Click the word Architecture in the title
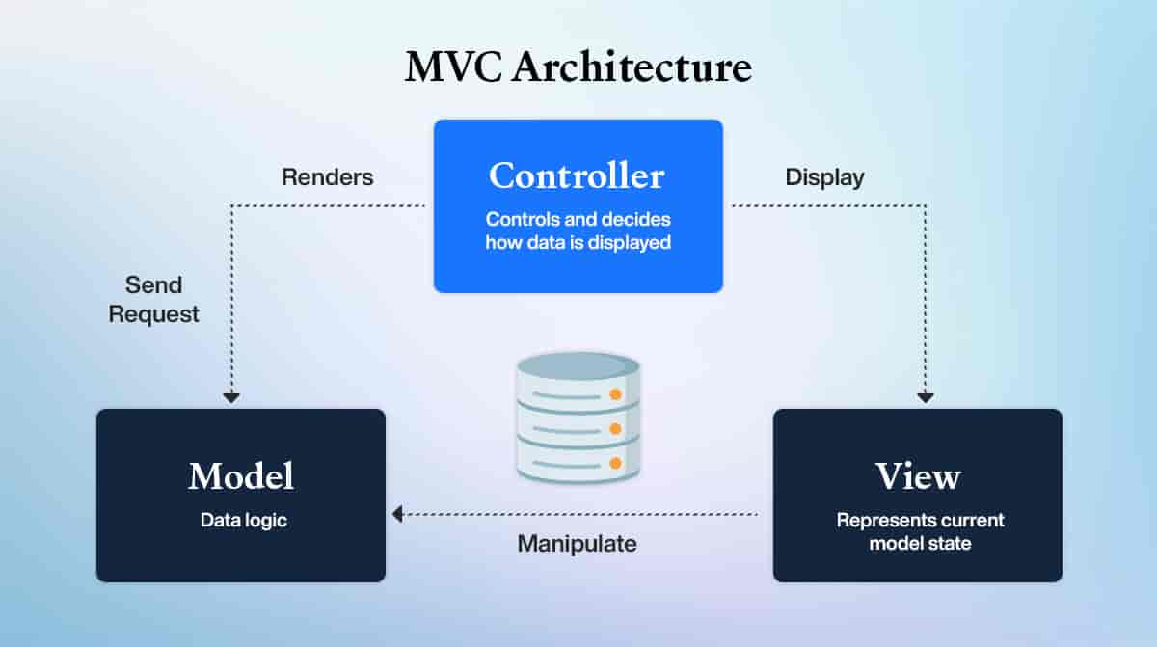click(x=632, y=68)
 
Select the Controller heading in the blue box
click(x=577, y=175)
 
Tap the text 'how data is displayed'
click(x=578, y=243)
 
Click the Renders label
click(x=328, y=177)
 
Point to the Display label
click(x=824, y=177)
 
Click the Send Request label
click(x=153, y=300)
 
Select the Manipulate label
click(x=577, y=544)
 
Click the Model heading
click(x=241, y=475)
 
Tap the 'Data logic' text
click(x=244, y=521)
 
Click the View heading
click(x=918, y=475)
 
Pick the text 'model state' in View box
click(x=920, y=544)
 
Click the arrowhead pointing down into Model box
click(x=230, y=397)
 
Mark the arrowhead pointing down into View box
click(x=926, y=397)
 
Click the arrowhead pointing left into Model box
click(x=396, y=515)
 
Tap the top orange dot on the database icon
click(x=614, y=394)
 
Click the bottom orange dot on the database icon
click(x=614, y=465)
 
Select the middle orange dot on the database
click(x=614, y=430)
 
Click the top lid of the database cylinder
click(x=578, y=365)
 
